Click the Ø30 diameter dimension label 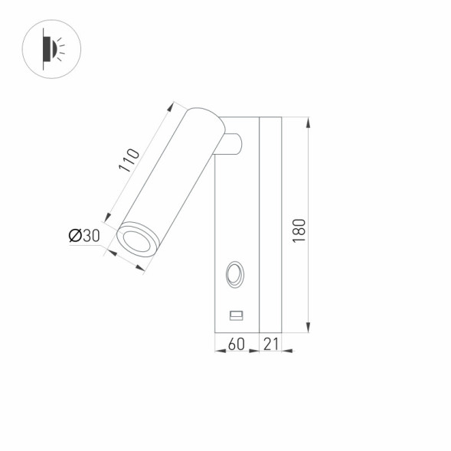(84, 236)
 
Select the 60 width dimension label (237, 345)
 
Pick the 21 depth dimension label (270, 345)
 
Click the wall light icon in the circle (53, 49)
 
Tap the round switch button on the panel (235, 273)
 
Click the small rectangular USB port (237, 314)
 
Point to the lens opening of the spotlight (138, 241)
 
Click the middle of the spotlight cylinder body (170, 178)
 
